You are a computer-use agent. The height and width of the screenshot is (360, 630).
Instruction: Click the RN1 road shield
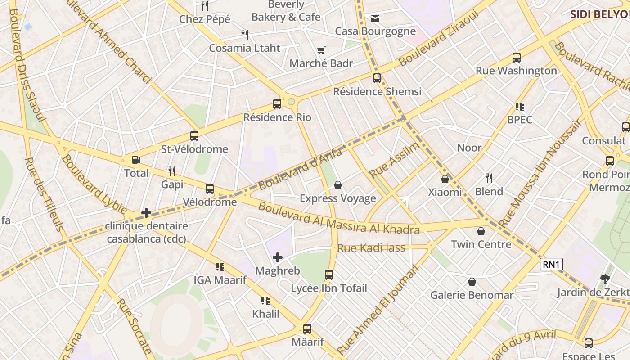(x=551, y=265)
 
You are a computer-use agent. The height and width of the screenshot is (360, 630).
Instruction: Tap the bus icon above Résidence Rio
(x=277, y=104)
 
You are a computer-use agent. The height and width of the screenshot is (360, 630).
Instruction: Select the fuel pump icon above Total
(x=136, y=160)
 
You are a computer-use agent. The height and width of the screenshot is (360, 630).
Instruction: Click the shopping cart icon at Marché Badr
(x=321, y=50)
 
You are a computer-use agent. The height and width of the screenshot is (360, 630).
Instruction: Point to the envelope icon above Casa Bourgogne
(x=375, y=18)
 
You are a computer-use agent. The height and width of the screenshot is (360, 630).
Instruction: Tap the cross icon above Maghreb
(x=278, y=257)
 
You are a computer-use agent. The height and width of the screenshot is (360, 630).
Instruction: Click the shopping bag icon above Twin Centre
(x=481, y=231)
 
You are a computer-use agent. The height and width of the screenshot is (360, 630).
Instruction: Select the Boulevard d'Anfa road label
(x=300, y=169)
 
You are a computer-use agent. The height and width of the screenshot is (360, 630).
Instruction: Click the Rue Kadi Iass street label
(x=371, y=248)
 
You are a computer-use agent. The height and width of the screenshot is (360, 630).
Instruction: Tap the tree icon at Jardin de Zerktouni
(x=605, y=279)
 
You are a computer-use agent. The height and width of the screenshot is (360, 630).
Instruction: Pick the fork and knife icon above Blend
(x=489, y=178)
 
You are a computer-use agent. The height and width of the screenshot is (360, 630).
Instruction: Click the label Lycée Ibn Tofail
(x=329, y=288)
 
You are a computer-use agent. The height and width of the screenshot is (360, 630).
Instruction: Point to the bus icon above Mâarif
(x=307, y=329)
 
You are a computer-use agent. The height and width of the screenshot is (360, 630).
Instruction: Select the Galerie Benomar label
(x=472, y=295)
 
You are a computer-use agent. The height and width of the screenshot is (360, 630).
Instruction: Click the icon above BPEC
(x=520, y=107)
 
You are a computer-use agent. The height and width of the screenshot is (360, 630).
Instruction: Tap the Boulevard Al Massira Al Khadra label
(x=339, y=219)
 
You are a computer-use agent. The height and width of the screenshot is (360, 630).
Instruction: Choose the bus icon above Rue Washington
(x=517, y=58)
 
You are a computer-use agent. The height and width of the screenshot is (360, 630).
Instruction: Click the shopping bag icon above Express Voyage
(x=338, y=185)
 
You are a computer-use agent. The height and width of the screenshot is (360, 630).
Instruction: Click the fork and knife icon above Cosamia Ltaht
(x=245, y=35)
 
